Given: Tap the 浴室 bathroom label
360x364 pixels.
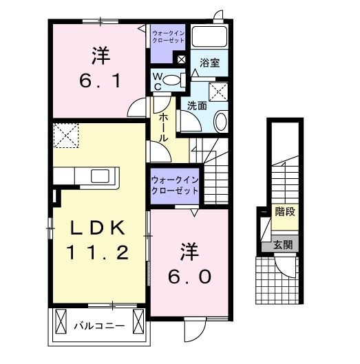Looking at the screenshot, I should (x=210, y=63).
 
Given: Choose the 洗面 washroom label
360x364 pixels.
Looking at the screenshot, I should (x=196, y=106).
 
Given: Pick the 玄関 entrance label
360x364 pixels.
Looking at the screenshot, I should (x=282, y=245).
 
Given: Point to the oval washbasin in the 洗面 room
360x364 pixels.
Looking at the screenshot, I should (x=221, y=122).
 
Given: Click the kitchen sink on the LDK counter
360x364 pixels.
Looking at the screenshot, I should (x=97, y=175).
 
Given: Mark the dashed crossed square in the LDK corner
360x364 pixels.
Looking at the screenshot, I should (x=66, y=134).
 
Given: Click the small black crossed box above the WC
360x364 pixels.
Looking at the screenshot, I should (x=181, y=60).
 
